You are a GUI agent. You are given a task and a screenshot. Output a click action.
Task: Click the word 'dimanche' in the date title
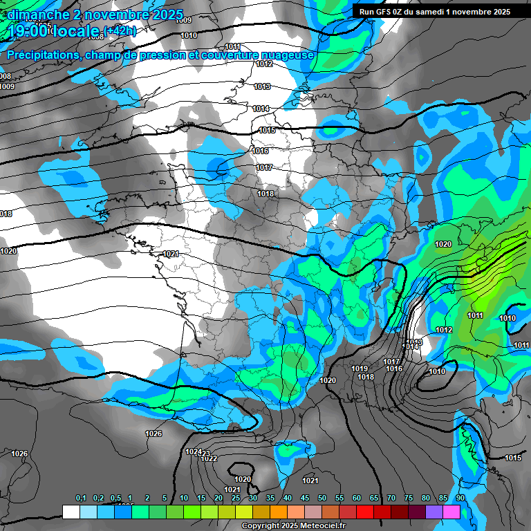coord(35,15)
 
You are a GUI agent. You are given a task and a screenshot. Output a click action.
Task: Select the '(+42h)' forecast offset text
coord(120,30)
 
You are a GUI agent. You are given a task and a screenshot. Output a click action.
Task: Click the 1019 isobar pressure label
coord(360,369)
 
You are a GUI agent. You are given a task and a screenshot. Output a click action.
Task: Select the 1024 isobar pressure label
coord(194,452)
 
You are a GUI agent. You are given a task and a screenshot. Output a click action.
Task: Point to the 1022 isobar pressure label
coord(209,458)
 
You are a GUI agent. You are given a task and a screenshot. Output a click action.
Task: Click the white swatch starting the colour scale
coord(71,512)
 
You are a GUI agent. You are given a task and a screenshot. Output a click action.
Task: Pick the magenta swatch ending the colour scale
coord(451,512)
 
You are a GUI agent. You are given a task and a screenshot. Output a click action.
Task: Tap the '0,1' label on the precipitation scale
coord(80,499)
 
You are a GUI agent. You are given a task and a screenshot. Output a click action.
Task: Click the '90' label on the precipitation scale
coord(460,499)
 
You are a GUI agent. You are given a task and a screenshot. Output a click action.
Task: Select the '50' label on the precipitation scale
coord(322,499)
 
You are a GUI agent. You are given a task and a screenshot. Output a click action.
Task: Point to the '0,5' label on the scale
coord(115,499)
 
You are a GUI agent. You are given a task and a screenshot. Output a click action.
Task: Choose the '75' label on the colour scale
coord(409,499)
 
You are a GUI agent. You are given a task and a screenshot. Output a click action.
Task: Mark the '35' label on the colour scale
coord(270,499)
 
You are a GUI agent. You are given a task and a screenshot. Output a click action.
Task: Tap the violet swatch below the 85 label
coord(434,512)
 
